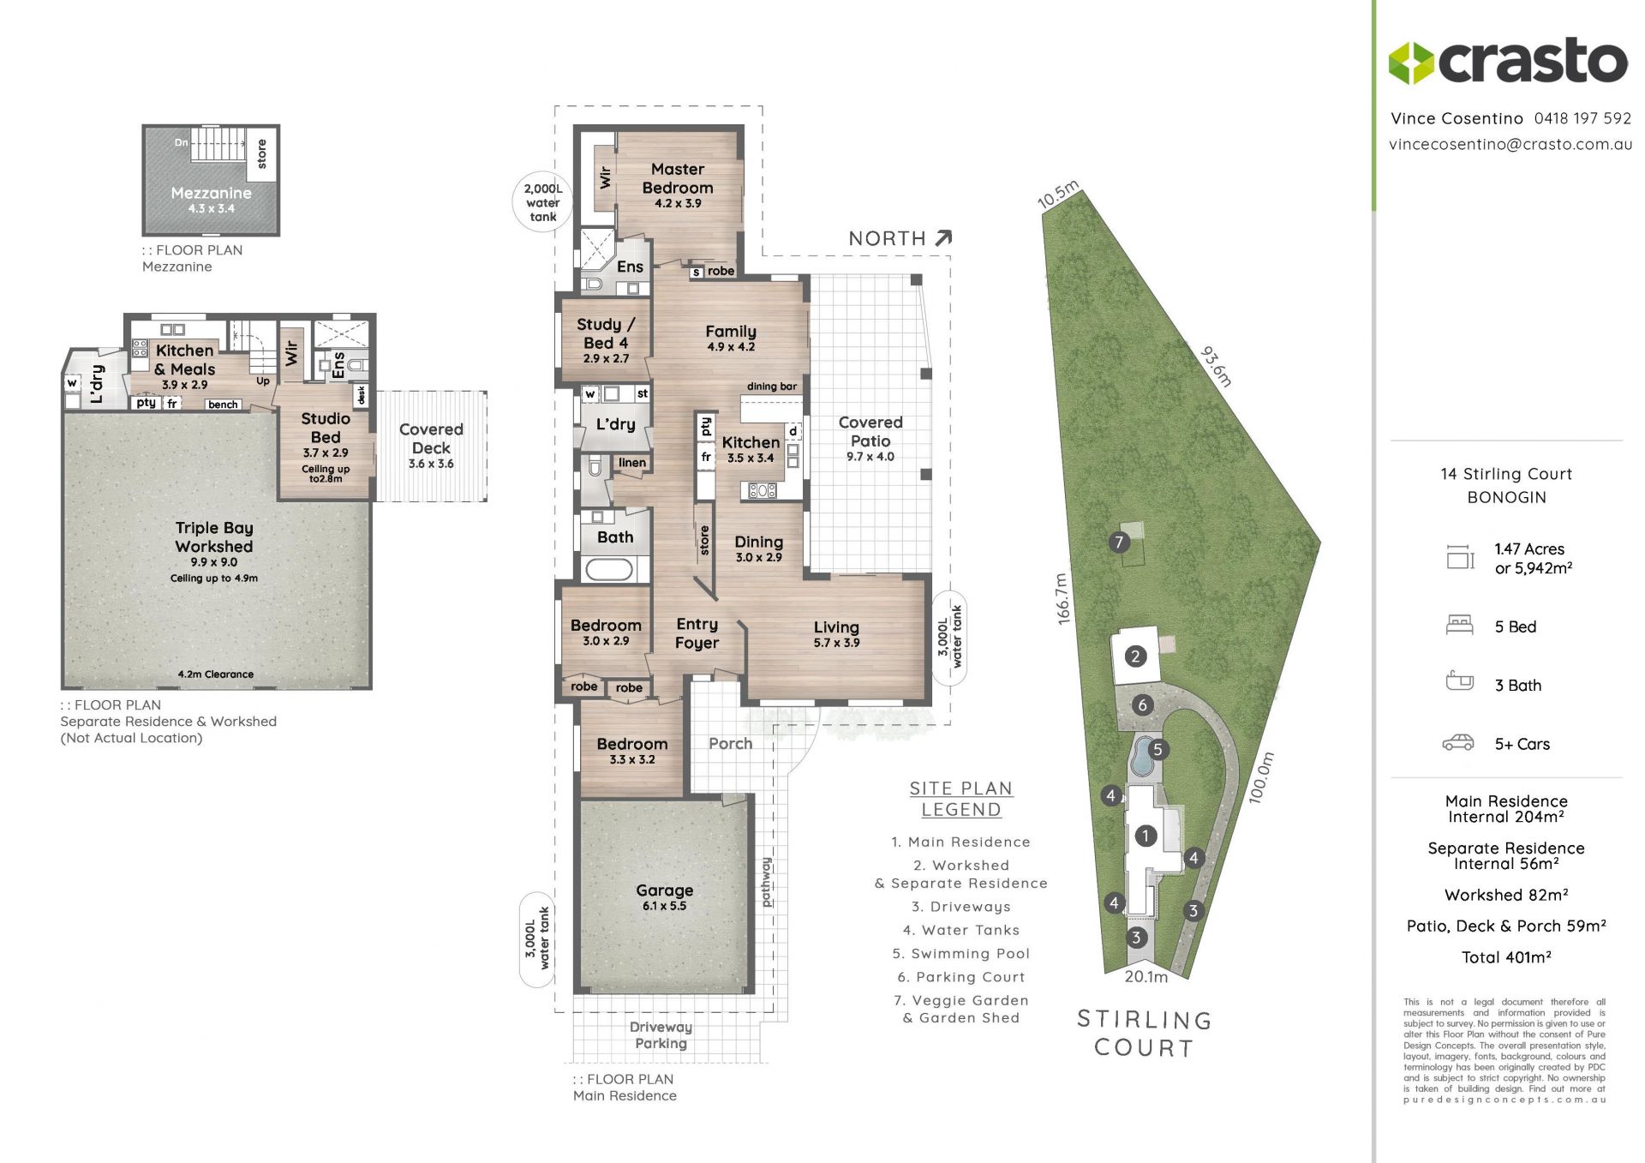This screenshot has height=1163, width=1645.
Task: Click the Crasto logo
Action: click(1508, 62)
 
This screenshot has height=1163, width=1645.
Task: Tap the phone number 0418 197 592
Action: click(1583, 118)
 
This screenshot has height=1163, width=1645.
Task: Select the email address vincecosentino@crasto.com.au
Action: click(1510, 144)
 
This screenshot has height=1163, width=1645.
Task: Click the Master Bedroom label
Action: click(678, 178)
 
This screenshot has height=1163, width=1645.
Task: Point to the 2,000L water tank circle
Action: click(543, 202)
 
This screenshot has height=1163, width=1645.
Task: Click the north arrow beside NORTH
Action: click(943, 237)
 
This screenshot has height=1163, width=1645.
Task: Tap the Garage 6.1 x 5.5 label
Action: click(665, 896)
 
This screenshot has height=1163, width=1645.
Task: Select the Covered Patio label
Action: click(870, 431)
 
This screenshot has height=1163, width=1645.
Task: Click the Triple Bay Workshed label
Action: click(214, 537)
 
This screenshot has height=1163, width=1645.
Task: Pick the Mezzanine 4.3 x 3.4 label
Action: click(211, 200)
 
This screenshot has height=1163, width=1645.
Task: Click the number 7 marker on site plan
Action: click(1118, 542)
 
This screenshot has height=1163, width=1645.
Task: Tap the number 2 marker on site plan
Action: click(1135, 657)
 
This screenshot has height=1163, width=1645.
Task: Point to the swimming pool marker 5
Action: click(1157, 750)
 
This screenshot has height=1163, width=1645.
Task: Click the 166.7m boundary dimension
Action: click(1062, 599)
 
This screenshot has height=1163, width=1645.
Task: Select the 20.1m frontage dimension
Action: click(1146, 977)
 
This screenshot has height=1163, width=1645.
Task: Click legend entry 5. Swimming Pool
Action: click(961, 954)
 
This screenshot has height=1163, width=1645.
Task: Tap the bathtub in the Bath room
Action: click(609, 568)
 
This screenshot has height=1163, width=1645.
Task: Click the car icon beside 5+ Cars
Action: click(1458, 743)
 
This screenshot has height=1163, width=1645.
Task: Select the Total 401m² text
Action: click(1506, 957)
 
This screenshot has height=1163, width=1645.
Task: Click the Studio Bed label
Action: click(326, 428)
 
